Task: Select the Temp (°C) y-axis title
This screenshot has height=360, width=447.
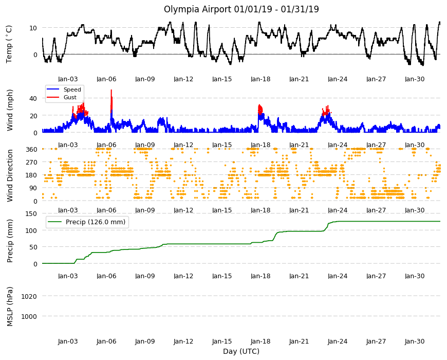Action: tap(9, 44)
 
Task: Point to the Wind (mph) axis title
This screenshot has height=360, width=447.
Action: tap(10, 110)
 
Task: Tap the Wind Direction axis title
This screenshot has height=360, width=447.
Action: tap(10, 176)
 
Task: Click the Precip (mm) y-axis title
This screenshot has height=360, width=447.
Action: tap(10, 241)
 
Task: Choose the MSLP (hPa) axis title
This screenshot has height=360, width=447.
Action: tap(10, 306)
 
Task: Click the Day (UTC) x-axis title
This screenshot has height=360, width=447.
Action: tap(241, 351)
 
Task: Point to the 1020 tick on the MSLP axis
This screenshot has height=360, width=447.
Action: tap(29, 296)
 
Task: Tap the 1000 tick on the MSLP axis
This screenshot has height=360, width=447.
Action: tap(29, 316)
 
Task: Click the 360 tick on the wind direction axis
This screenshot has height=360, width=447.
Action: tap(31, 150)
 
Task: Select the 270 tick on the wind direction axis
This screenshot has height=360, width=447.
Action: tap(31, 163)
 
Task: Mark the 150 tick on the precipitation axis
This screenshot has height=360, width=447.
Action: tap(31, 213)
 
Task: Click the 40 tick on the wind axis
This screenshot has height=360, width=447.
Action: tap(33, 98)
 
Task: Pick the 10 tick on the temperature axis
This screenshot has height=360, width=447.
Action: tap(33, 28)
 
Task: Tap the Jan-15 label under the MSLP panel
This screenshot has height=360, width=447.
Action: tap(222, 341)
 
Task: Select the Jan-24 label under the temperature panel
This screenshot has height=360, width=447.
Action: tap(338, 79)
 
